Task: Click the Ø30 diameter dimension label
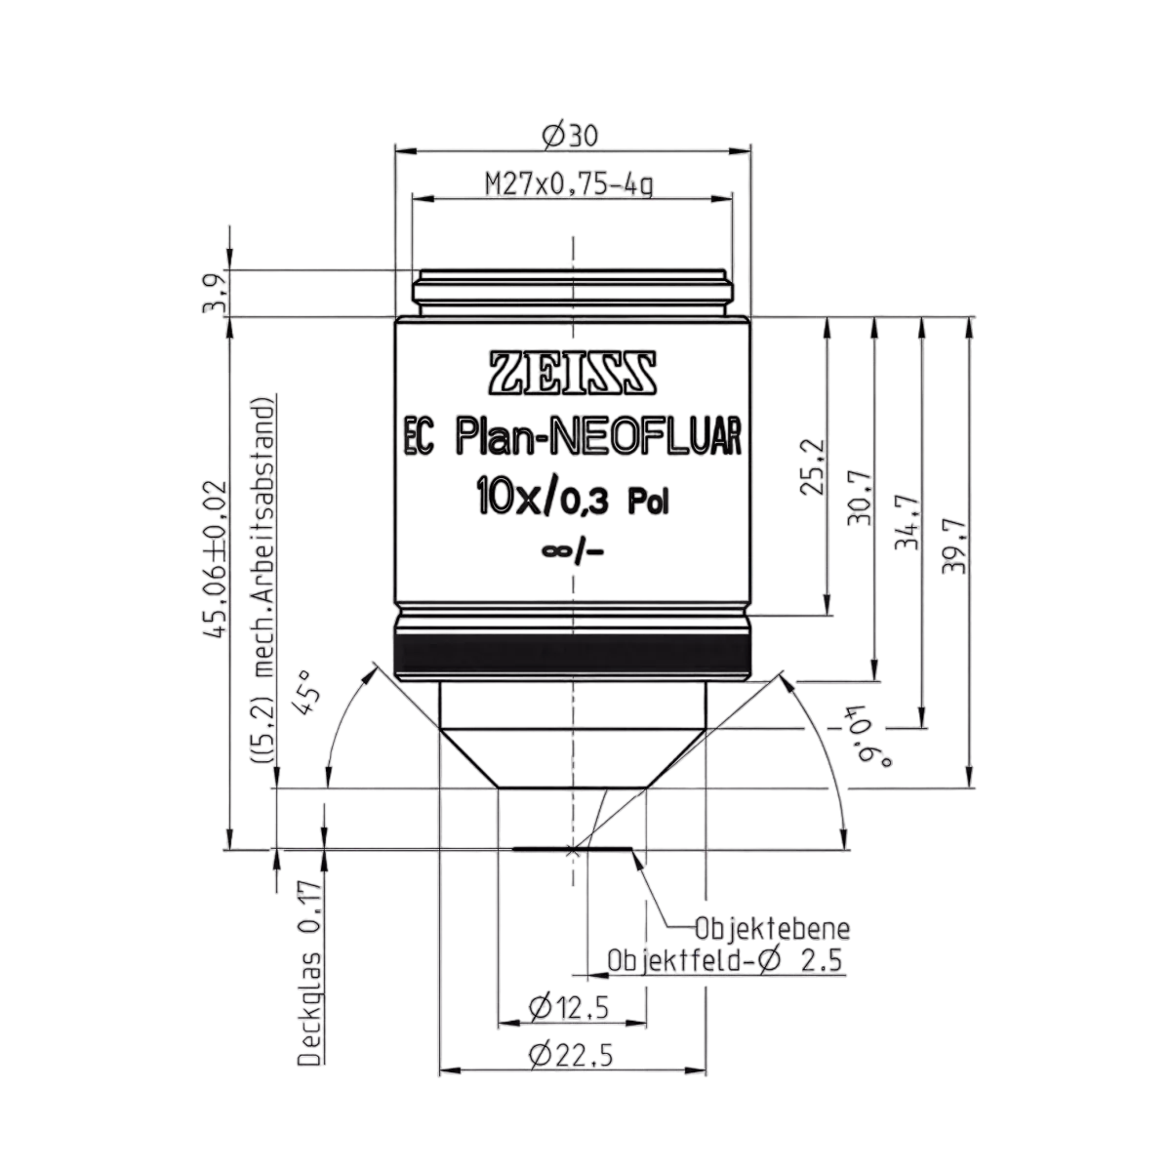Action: click(x=570, y=136)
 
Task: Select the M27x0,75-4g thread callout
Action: click(x=569, y=184)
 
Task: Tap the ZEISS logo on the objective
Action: click(x=573, y=372)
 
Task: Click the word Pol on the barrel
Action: click(x=648, y=503)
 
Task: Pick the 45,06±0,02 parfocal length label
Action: click(x=217, y=559)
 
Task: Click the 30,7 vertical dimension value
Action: click(x=860, y=505)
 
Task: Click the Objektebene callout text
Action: click(x=772, y=928)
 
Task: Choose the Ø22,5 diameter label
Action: click(x=571, y=1056)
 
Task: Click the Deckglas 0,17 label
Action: click(x=311, y=972)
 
